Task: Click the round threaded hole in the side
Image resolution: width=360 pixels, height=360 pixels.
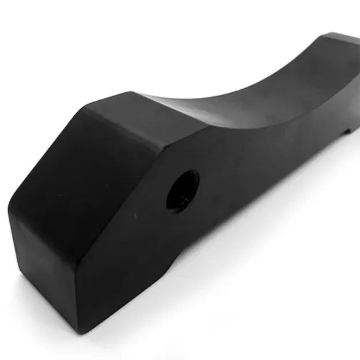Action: pos(183,190)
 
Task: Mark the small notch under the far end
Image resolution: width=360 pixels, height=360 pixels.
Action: pos(347,131)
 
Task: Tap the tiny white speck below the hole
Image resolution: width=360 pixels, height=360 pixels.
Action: pos(135,215)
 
